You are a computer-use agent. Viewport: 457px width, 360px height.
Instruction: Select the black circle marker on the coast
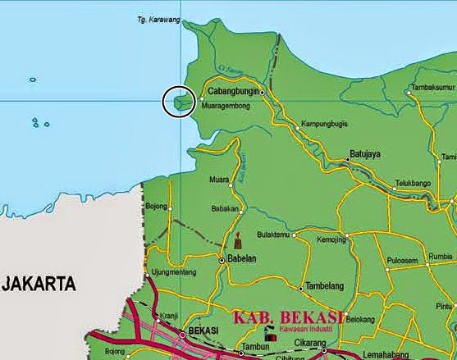[179, 102]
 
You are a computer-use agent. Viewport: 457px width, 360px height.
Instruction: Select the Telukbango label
[414, 185]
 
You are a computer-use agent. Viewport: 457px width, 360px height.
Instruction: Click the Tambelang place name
[322, 286]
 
